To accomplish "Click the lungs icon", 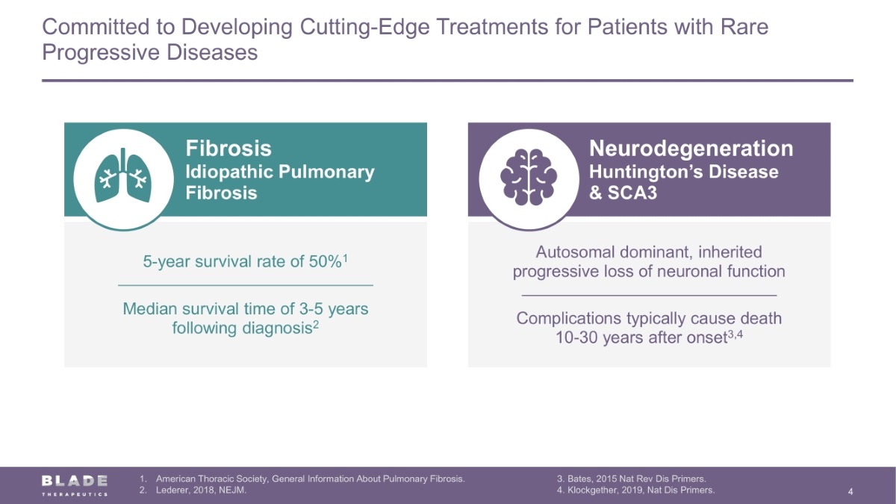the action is point(123,175).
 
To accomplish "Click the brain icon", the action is point(529,177).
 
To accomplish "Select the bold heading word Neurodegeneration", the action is point(691,149).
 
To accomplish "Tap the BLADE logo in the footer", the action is point(75,485).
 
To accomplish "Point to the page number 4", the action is point(850,491).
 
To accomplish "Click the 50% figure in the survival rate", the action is point(326,261).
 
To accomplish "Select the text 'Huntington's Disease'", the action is point(684,172).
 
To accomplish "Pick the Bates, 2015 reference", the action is point(632,479).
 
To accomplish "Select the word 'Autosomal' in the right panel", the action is point(576,252).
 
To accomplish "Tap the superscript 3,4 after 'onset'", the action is point(735,334).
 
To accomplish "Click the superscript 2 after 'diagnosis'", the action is point(316,324).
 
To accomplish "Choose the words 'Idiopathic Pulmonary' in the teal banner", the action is point(280,172).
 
